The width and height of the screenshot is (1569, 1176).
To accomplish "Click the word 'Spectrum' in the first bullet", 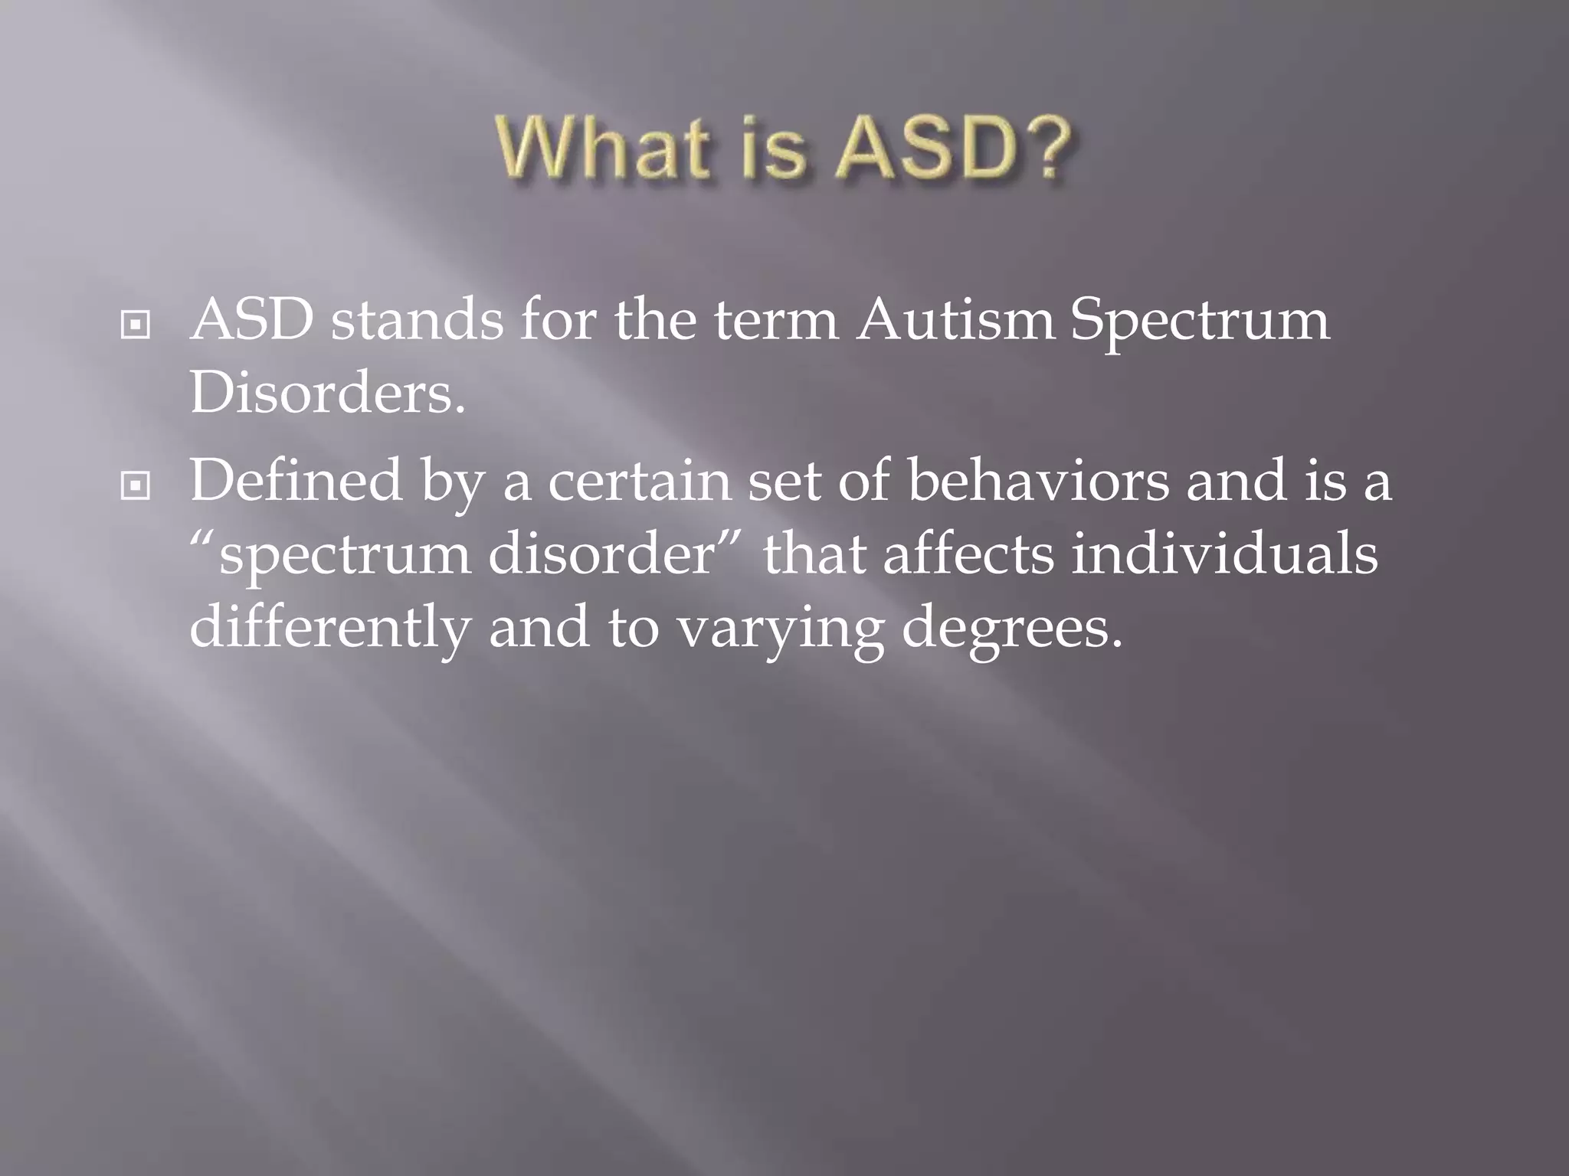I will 1200,322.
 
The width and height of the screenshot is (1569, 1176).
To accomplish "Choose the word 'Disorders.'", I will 327,394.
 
